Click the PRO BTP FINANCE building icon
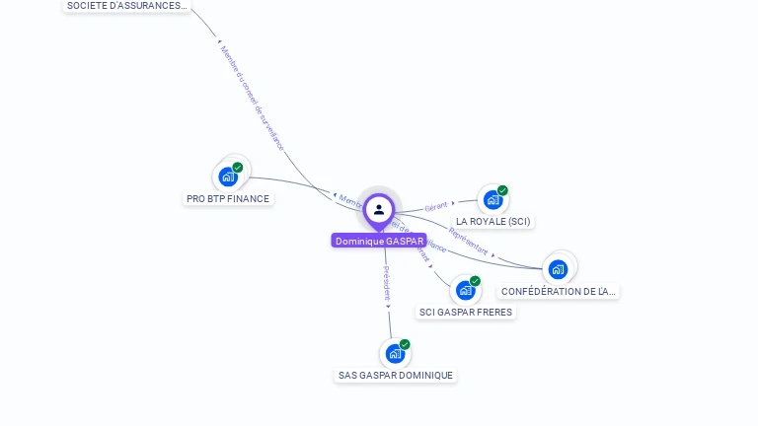click(228, 177)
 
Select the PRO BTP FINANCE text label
click(228, 199)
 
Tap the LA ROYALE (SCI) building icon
click(493, 200)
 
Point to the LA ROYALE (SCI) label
click(493, 222)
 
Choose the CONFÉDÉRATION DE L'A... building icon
click(558, 269)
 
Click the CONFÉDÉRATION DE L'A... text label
click(559, 292)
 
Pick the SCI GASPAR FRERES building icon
click(465, 291)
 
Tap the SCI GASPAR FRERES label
click(466, 313)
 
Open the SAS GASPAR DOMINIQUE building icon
click(395, 353)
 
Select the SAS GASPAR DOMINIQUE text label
click(396, 376)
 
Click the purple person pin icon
click(379, 210)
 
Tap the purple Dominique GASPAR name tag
click(379, 241)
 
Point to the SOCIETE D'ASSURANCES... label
click(126, 6)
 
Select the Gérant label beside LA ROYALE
click(435, 207)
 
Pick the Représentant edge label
click(469, 240)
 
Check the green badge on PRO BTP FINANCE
click(238, 168)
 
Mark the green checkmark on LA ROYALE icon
click(502, 190)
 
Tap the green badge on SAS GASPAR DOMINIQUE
click(405, 344)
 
